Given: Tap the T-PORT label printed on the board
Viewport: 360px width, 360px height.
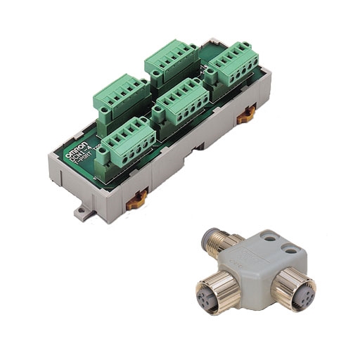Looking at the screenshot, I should click(86, 161).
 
